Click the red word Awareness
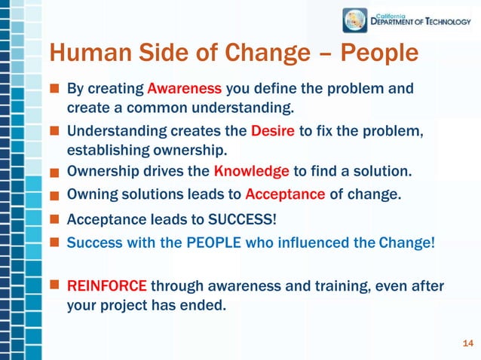(x=185, y=89)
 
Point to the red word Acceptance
(x=285, y=194)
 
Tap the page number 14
(x=467, y=344)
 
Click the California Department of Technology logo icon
(x=355, y=20)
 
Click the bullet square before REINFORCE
(x=55, y=286)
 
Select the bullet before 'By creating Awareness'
(x=55, y=89)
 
